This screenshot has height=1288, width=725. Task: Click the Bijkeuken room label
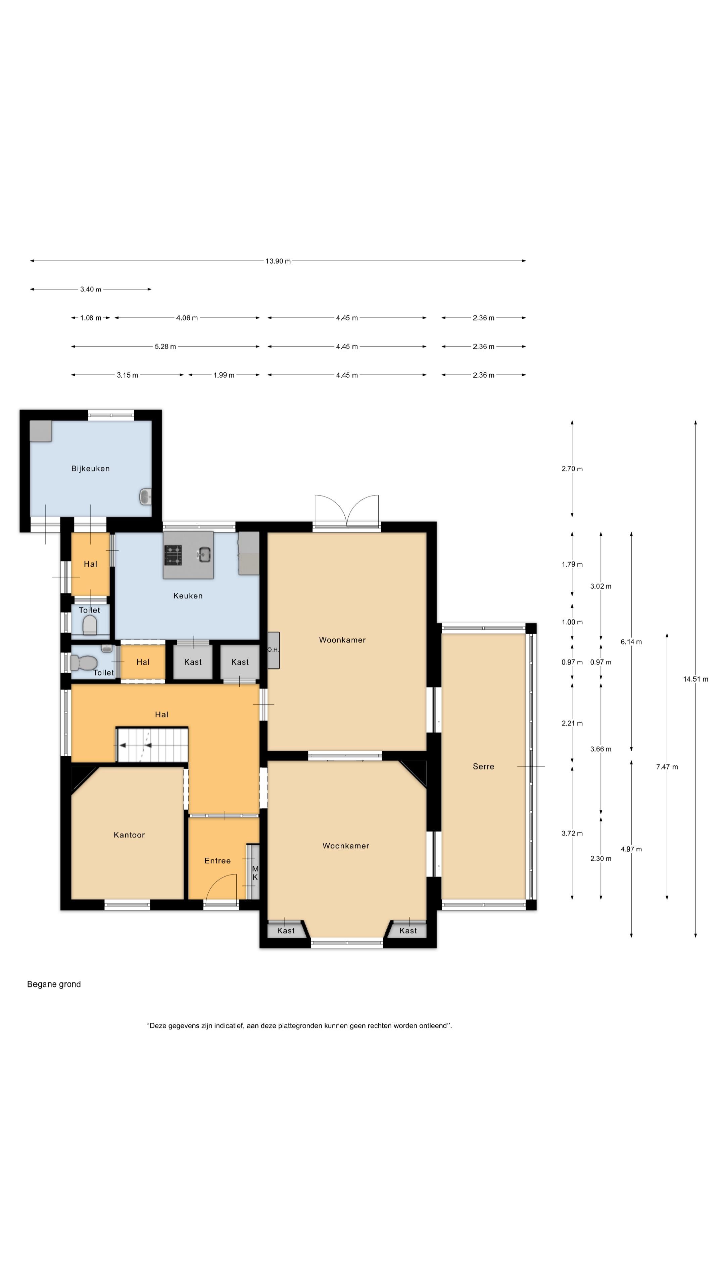(90, 469)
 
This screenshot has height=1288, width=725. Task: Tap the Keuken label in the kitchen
(188, 595)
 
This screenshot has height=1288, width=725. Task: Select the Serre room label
(483, 766)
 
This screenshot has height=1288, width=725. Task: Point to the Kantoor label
(129, 835)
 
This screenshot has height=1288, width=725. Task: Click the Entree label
(217, 860)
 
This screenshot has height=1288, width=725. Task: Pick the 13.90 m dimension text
(278, 261)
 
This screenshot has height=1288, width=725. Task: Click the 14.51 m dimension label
(695, 679)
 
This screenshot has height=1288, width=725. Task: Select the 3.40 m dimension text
(91, 289)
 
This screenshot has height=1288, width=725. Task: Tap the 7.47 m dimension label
(667, 767)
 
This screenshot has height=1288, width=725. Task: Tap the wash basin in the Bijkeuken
(145, 497)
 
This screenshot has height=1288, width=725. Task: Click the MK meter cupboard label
(255, 873)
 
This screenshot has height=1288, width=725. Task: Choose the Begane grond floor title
(54, 984)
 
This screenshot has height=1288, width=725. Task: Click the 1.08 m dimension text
(91, 318)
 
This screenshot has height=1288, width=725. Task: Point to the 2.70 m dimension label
(572, 469)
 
